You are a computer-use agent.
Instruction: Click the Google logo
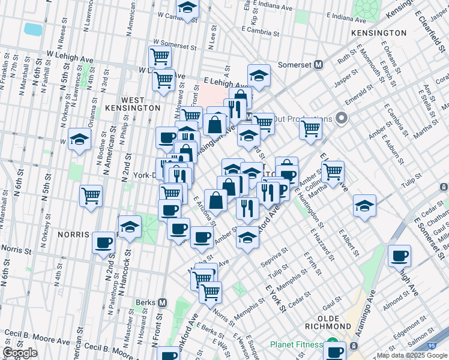(x=20, y=353)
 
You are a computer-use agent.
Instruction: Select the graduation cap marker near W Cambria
(x=188, y=8)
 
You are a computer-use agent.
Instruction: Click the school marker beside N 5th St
(x=79, y=140)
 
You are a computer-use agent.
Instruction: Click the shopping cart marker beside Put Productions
(x=310, y=128)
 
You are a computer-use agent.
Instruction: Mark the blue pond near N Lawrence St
(x=32, y=28)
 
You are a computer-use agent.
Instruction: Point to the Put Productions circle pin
(x=343, y=118)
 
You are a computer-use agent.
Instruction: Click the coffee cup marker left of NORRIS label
(x=103, y=243)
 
